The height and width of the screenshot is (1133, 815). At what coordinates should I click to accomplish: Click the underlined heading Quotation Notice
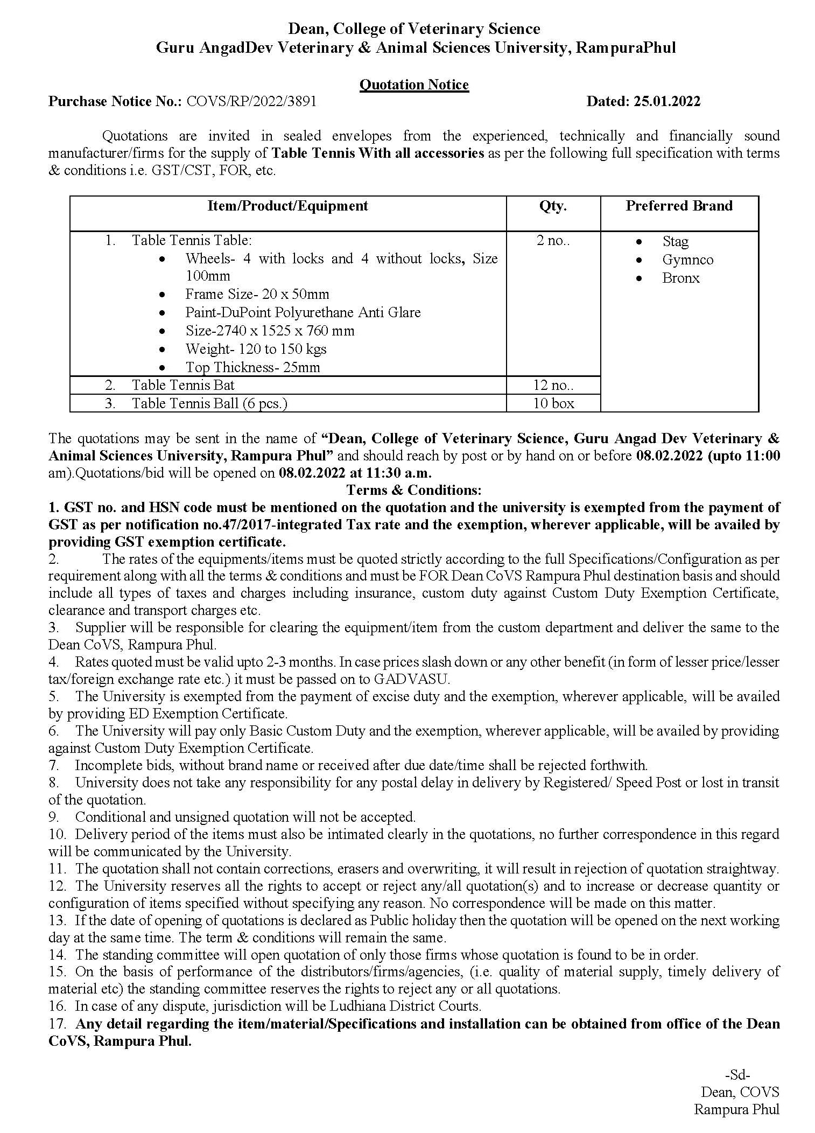click(x=413, y=85)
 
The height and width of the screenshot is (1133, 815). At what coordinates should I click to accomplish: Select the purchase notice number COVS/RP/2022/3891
click(x=251, y=102)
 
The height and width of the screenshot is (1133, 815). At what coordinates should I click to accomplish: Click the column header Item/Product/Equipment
click(x=287, y=206)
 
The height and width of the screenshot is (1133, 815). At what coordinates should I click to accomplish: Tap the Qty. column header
click(x=553, y=206)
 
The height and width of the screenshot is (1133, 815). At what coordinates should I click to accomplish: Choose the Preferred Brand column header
click(x=679, y=206)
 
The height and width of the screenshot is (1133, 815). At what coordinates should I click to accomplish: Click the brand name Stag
click(x=675, y=242)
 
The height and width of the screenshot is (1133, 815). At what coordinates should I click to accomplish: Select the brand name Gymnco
click(x=687, y=260)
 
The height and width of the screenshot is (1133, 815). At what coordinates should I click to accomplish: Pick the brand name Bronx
click(x=680, y=278)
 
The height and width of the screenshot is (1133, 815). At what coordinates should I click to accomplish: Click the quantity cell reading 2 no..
click(x=553, y=241)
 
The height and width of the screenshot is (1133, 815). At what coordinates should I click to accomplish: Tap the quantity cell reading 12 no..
click(x=553, y=385)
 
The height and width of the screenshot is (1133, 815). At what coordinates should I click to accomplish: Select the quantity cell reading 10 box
click(x=553, y=403)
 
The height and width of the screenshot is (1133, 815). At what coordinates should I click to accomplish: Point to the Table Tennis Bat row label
click(x=183, y=385)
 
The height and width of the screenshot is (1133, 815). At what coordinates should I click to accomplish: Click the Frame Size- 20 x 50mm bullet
click(x=257, y=295)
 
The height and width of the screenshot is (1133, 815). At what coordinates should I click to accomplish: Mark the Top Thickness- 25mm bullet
click(x=252, y=367)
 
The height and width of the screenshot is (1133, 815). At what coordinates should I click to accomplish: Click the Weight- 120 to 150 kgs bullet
click(x=256, y=349)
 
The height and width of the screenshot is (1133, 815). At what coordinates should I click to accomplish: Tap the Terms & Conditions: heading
click(x=413, y=490)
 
